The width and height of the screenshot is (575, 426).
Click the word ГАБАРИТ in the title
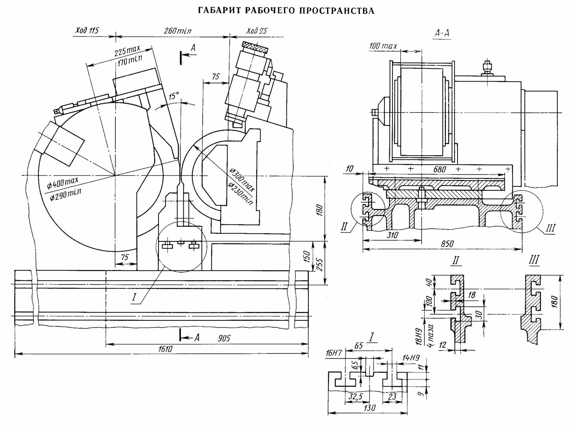click(219, 11)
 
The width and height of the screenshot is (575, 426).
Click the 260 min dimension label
click(178, 31)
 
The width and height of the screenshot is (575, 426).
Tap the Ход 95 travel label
click(257, 31)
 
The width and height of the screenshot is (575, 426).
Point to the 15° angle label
click(174, 96)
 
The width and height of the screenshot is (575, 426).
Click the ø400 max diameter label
click(63, 183)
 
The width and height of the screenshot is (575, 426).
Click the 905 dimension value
click(224, 338)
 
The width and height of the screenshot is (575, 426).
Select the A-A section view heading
click(442, 33)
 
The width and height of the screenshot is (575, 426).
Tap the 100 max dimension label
click(383, 46)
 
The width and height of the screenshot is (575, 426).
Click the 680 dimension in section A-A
click(439, 169)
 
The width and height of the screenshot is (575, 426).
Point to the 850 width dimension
click(447, 244)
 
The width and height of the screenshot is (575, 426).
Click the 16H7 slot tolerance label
click(333, 353)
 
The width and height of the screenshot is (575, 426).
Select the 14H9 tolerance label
click(411, 358)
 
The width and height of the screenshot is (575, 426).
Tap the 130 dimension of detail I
click(369, 407)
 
